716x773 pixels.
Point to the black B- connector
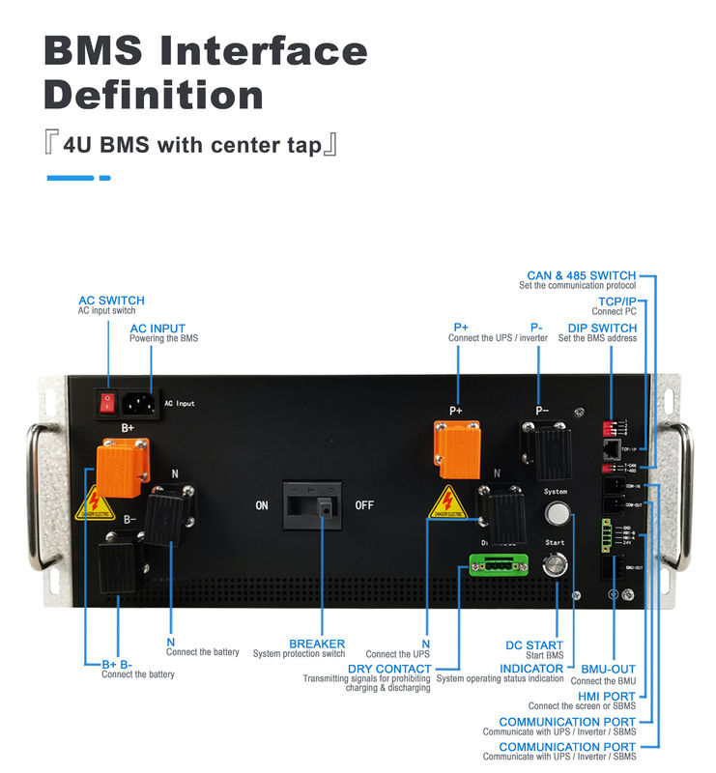point(118,556)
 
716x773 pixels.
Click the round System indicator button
point(556,512)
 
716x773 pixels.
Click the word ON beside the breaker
point(262,505)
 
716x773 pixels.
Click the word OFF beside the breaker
point(365,505)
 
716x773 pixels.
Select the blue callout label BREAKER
point(317,644)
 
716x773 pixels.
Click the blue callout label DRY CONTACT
point(389,669)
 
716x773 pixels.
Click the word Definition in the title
point(154,95)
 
